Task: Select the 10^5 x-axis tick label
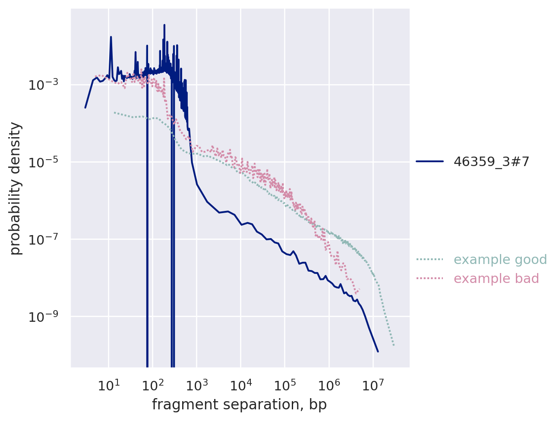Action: coord(285,385)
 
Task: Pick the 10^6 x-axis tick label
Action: coord(329,385)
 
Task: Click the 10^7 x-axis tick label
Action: coord(373,385)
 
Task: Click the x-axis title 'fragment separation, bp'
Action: coord(239,405)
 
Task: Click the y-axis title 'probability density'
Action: coord(16,189)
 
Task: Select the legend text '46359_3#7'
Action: coord(491,161)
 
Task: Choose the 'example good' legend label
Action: coord(500,260)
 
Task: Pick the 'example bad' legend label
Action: coord(496,279)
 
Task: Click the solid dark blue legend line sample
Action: coord(430,161)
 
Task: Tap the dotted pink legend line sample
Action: coord(430,279)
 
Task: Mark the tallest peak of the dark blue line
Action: coord(164,25)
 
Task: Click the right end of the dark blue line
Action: coord(378,352)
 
